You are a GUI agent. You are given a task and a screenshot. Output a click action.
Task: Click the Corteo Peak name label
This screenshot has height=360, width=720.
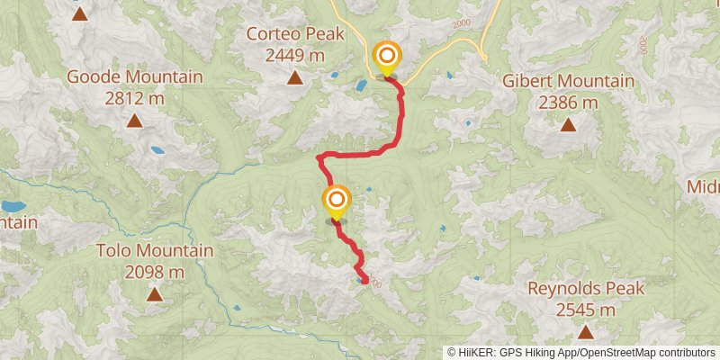pos(294,35)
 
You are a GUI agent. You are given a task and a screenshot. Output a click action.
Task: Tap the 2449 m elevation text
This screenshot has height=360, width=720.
pos(294,55)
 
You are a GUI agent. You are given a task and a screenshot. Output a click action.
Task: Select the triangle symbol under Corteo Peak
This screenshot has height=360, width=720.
pos(294,78)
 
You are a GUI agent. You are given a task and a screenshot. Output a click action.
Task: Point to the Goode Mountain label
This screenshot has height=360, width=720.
pos(134,76)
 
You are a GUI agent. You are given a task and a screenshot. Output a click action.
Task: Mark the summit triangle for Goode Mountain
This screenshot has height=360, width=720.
pos(134,120)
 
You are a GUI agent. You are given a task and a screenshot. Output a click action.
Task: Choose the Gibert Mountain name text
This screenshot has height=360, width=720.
pos(568,82)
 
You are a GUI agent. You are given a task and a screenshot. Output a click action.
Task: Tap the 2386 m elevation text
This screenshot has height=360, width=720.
pos(568,102)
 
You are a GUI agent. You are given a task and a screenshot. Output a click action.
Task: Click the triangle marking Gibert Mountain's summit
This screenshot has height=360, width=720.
pos(568,125)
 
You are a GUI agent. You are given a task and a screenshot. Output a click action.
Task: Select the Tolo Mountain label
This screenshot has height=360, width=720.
pos(155,251)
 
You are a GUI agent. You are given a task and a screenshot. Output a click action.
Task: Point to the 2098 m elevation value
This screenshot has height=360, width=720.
pos(155,271)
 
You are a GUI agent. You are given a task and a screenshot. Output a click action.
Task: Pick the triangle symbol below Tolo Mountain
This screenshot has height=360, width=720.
pos(155,294)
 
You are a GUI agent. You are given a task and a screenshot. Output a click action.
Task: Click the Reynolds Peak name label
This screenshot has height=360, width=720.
pos(586,289)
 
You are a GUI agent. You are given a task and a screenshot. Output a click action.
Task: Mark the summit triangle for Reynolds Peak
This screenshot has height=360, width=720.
pos(586,332)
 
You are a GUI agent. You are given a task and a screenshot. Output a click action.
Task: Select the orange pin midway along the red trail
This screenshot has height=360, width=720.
pos(337,200)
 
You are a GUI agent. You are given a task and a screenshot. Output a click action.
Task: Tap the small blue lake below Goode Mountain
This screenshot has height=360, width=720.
pos(157,150)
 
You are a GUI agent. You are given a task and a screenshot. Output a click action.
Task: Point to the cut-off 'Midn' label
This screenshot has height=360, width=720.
pos(703,186)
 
